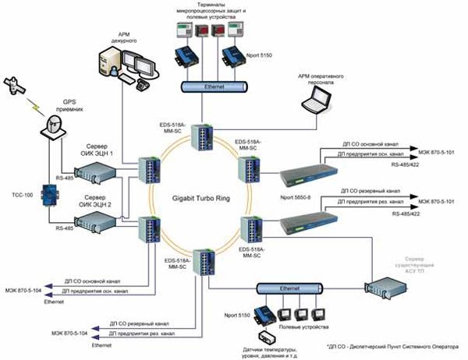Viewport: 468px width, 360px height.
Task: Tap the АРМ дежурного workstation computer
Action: [x=124, y=62]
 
